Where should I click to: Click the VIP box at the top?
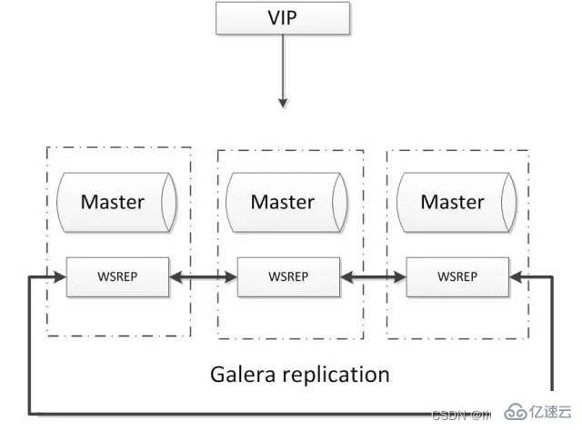click(x=282, y=19)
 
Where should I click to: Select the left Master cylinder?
click(x=114, y=201)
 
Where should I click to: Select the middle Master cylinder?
click(x=282, y=201)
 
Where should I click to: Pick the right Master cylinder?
click(x=452, y=201)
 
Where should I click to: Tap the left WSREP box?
click(x=117, y=276)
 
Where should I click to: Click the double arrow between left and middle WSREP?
click(x=202, y=276)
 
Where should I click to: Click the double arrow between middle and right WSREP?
click(x=372, y=276)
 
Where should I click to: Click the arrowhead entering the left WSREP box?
click(x=60, y=276)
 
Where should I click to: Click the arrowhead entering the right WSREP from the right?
click(x=517, y=276)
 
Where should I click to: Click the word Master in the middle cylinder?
click(x=282, y=201)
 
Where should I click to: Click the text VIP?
click(x=282, y=19)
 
